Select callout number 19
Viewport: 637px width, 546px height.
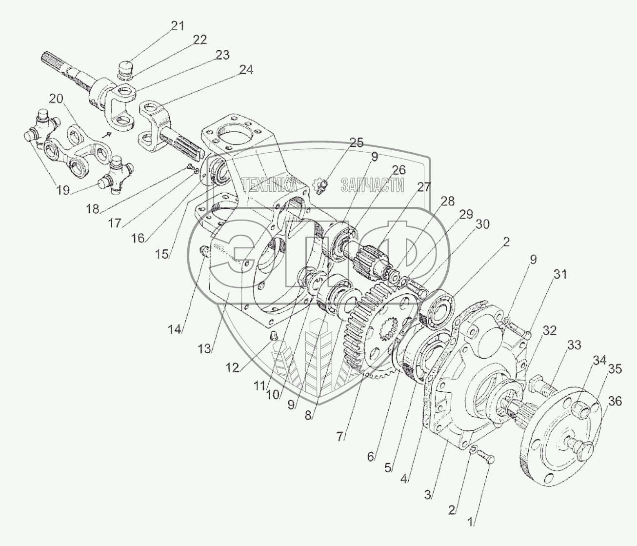(x=62, y=190)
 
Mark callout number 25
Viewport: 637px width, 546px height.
(x=357, y=142)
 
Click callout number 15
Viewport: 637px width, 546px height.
(x=162, y=254)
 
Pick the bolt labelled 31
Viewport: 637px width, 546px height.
(x=521, y=334)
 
